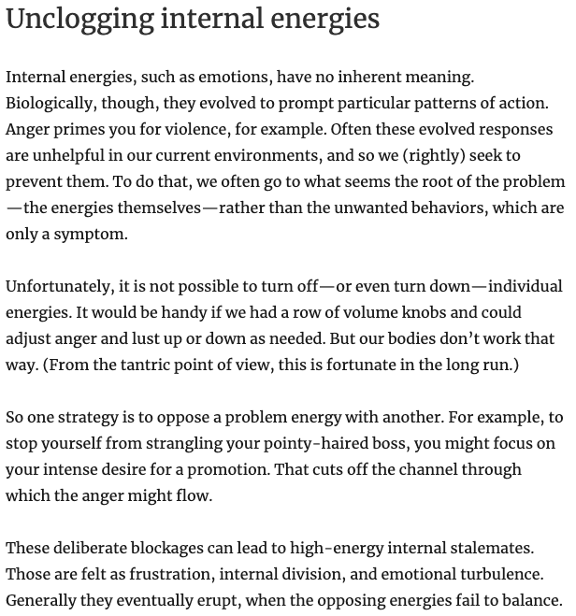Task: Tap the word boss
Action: tap(403, 443)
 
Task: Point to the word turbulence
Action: tap(499, 574)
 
